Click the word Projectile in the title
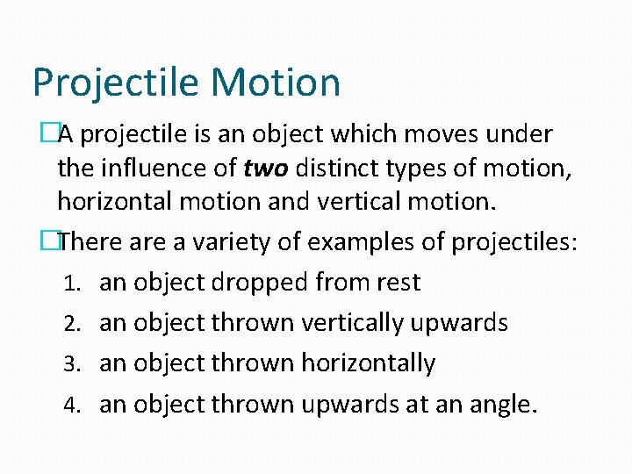(x=114, y=83)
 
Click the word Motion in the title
(x=276, y=82)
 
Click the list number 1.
(x=75, y=284)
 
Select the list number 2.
(x=75, y=324)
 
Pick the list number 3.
(x=75, y=364)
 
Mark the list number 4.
(x=75, y=405)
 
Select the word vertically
(x=355, y=324)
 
